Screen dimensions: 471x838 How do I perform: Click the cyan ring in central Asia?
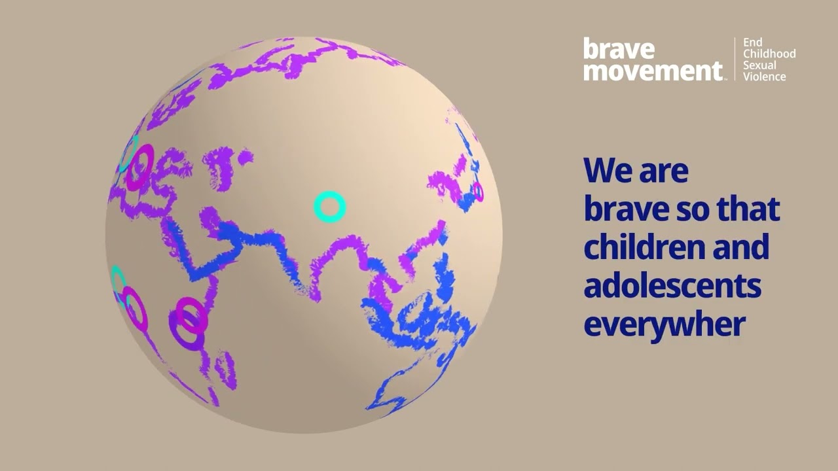pos(329,207)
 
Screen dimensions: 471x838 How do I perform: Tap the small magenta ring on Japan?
pos(478,192)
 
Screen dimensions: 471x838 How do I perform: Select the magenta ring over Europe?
pos(139,167)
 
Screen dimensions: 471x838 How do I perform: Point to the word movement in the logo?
pos(653,70)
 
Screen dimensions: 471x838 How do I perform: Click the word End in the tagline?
pos(752,43)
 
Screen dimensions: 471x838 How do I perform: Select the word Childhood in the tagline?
pos(769,54)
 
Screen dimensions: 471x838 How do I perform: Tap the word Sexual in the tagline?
pos(759,65)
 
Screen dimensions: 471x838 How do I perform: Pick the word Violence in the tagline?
pos(764,77)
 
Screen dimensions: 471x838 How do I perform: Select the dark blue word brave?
pos(623,209)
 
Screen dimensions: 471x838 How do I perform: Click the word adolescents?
pos(672,287)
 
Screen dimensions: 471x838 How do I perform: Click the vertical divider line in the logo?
pos(735,59)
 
